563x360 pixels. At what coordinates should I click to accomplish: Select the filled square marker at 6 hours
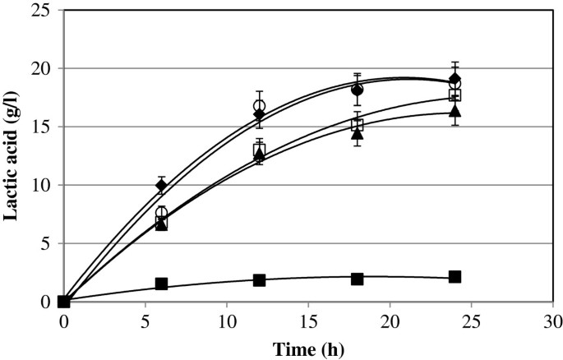pos(162,284)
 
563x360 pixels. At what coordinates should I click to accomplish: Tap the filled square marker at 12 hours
pos(260,280)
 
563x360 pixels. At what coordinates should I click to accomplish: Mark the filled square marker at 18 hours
pos(357,279)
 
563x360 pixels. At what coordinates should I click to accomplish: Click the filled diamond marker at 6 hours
pos(162,186)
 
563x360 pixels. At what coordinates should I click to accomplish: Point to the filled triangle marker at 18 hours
pos(357,133)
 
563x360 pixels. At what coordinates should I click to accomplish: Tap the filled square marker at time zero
pos(64,302)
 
